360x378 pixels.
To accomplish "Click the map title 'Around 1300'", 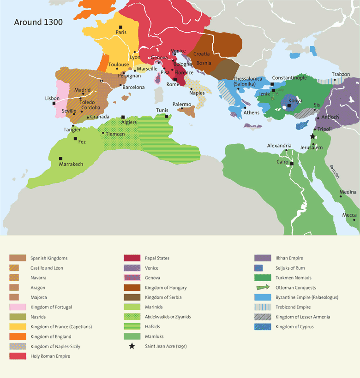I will click(x=38, y=22).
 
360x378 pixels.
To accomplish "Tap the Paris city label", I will click(x=121, y=32).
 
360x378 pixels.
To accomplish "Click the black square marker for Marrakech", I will click(x=60, y=158).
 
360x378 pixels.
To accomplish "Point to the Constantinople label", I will click(x=289, y=78).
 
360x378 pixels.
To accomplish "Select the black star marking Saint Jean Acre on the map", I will click(x=312, y=136).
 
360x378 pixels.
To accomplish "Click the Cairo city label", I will click(x=282, y=162).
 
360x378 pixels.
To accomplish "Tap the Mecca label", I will click(x=349, y=215).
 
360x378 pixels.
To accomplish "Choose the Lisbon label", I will click(x=52, y=98).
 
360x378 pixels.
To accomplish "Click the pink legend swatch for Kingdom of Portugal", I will click(x=18, y=307).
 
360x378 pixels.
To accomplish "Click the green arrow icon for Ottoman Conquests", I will click(x=263, y=288).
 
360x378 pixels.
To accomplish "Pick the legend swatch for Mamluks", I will click(x=132, y=337).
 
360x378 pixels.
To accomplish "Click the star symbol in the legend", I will click(x=132, y=346).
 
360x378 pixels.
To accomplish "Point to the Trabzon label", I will click(x=341, y=74).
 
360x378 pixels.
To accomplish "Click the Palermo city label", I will click(x=181, y=105).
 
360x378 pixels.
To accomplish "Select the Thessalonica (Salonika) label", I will click(x=248, y=82).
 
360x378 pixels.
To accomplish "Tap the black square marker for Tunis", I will click(x=167, y=116).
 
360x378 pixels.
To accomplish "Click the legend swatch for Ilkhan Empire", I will click(x=263, y=258).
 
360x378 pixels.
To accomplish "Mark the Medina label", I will click(x=348, y=192).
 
